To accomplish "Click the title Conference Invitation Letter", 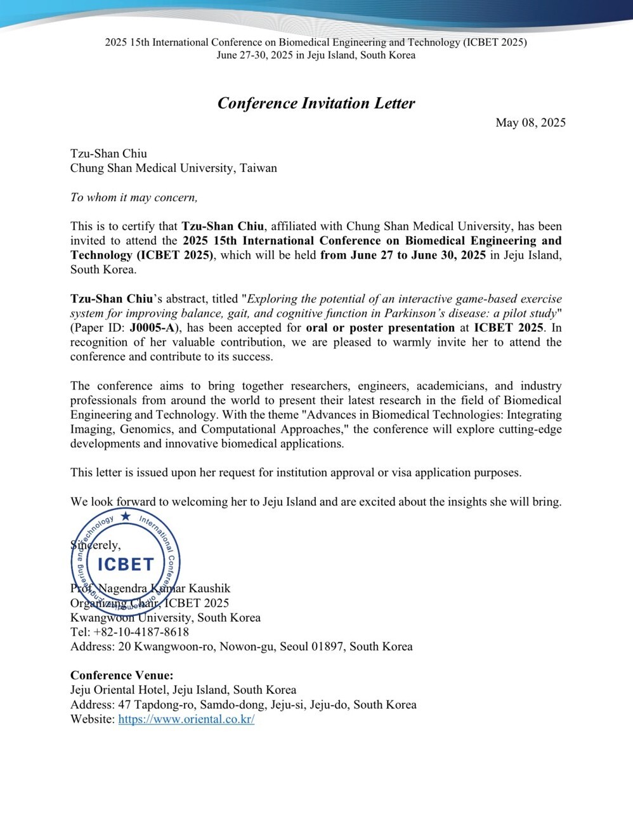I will pos(316,103).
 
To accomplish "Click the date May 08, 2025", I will pos(530,123).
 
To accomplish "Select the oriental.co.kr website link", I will pos(186,719).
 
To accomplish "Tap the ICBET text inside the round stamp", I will pos(126,564).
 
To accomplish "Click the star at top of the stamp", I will pos(126,516).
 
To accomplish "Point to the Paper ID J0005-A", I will pos(154,328).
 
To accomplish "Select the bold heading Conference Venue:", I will pos(122,676).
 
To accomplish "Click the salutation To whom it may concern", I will pos(134,197).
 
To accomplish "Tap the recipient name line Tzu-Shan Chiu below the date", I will pos(108,154).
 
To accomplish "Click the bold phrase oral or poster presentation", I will pos(380,328).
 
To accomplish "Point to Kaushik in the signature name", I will pos(209,589).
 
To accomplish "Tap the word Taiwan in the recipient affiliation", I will pos(258,168).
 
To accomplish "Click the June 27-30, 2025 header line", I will pos(316,55).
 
